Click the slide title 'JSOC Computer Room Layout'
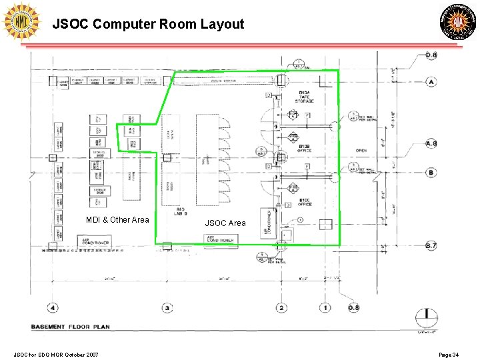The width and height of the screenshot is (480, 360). [149, 25]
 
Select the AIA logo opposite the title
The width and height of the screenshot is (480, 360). [457, 21]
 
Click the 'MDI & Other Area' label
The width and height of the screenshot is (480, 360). [117, 220]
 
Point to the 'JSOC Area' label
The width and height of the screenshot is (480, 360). [225, 223]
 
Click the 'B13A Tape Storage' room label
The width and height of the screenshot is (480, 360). [306, 96]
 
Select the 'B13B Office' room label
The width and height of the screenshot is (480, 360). [305, 148]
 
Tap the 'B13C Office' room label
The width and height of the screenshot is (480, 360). [305, 202]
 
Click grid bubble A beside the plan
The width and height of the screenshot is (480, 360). [431, 82]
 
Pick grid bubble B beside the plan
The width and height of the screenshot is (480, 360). [431, 173]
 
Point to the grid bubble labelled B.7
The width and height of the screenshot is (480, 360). [431, 246]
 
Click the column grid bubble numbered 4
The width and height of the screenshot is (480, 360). [53, 308]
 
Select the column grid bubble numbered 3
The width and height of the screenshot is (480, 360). [167, 308]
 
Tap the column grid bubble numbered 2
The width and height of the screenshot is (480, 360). [282, 308]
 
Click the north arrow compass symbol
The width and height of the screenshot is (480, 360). [426, 318]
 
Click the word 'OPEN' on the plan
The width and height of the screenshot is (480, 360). [361, 151]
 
